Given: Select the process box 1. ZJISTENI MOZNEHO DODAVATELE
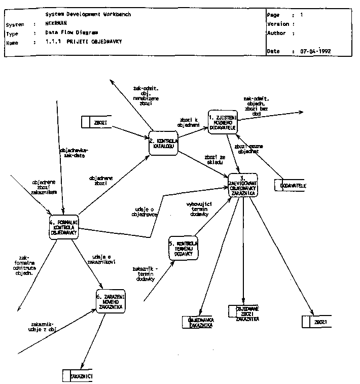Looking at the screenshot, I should [x=222, y=121].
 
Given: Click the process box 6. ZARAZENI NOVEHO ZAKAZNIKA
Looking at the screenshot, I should [x=111, y=302].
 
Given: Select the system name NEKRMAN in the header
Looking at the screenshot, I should [x=57, y=24].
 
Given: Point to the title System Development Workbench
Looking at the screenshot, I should [x=88, y=15].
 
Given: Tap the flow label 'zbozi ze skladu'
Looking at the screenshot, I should [x=211, y=159].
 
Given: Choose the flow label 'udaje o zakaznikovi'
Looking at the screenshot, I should [x=102, y=259].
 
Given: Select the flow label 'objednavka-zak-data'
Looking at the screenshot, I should [x=74, y=153].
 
